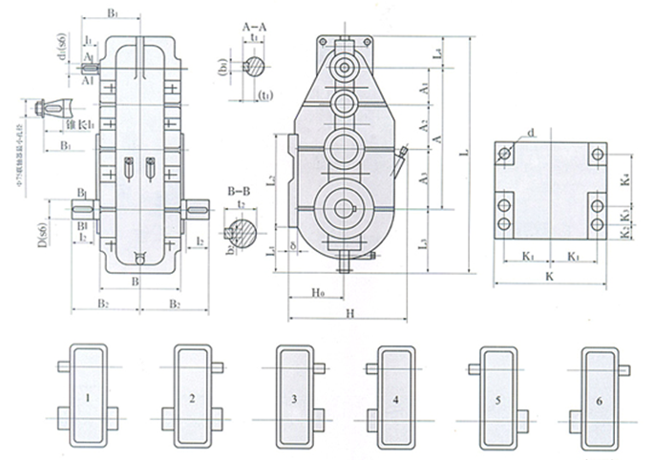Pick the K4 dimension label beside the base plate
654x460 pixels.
622,178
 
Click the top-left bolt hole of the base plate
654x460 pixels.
506,154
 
